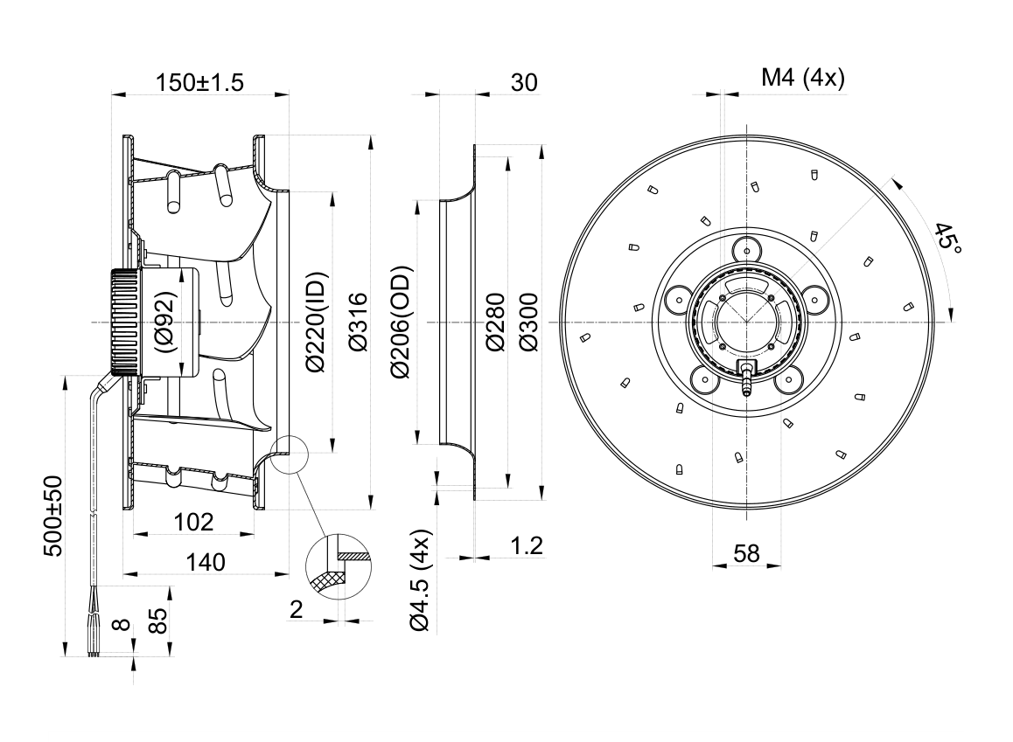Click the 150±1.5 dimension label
pos(199,82)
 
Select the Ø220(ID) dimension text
pos(318,322)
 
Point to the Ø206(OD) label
pos(400,322)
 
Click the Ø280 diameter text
pos(495,322)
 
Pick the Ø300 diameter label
pos(528,322)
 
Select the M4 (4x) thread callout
pos(803,78)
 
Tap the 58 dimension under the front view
pos(746,553)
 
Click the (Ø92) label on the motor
pos(165,322)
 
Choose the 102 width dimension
pos(194,522)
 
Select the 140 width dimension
pos(206,563)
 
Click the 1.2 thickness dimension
pos(527,546)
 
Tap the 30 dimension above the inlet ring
pos(524,82)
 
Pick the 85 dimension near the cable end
pos(158,621)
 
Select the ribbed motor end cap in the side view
pos(125,322)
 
